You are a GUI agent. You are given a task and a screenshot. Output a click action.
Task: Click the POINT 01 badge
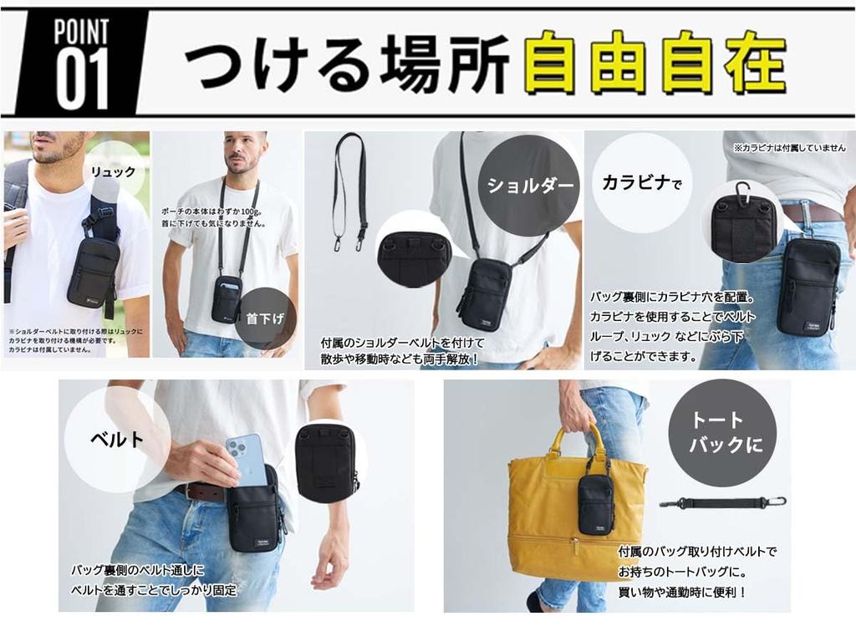[x=82, y=64]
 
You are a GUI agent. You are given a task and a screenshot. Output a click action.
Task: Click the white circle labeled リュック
[x=114, y=171]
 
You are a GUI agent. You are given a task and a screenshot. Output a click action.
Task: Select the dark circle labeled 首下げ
[x=265, y=318]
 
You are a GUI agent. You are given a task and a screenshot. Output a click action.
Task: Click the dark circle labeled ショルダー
[x=531, y=185]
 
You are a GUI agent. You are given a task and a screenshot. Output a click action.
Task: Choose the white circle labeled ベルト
[x=116, y=438]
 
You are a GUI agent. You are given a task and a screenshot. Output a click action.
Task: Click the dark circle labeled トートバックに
[x=721, y=432]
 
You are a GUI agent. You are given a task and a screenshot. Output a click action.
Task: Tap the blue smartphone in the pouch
[x=246, y=460]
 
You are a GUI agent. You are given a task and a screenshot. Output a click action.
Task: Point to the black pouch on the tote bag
[x=597, y=503]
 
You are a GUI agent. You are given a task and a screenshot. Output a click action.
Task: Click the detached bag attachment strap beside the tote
[x=722, y=503]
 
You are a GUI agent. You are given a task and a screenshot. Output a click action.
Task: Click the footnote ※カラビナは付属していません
[x=788, y=147]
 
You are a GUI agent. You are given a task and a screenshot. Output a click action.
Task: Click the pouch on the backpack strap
[x=93, y=271]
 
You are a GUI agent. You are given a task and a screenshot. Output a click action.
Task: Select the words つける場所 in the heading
[x=346, y=64]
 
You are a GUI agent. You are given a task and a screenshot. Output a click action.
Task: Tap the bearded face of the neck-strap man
[x=242, y=154]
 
